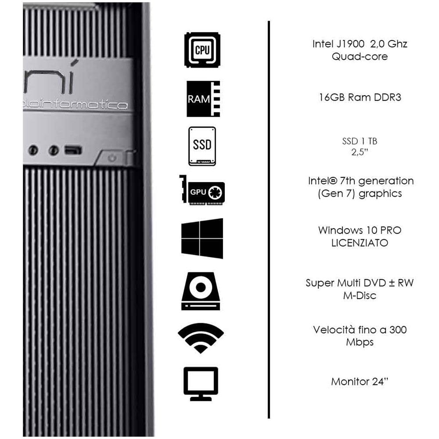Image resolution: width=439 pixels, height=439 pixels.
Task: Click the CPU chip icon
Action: point(202,50)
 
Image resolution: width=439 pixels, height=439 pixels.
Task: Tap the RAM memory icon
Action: point(203,99)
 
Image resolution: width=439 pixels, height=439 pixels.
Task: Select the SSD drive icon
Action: point(202,146)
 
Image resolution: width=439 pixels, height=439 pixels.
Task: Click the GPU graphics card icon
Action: point(202,190)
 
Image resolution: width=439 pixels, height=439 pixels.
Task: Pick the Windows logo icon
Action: point(202,238)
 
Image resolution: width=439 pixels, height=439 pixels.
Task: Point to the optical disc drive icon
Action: point(201,291)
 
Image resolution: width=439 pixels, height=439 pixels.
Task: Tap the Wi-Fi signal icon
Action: point(201,338)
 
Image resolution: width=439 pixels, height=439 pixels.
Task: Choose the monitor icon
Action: point(201,384)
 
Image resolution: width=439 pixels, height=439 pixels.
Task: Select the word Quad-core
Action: point(360,57)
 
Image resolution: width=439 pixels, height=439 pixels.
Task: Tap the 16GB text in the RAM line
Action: point(332,97)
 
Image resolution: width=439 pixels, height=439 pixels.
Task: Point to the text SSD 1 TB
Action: point(360,141)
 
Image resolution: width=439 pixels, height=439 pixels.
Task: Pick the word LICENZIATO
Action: point(360,243)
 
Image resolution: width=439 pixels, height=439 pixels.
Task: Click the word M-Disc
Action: point(360,295)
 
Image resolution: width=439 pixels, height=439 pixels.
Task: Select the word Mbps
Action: point(360,342)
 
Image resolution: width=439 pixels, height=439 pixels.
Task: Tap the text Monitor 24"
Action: point(360,381)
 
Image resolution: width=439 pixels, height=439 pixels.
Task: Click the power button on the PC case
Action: point(112,158)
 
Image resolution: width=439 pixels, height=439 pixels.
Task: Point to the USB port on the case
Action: point(73,150)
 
